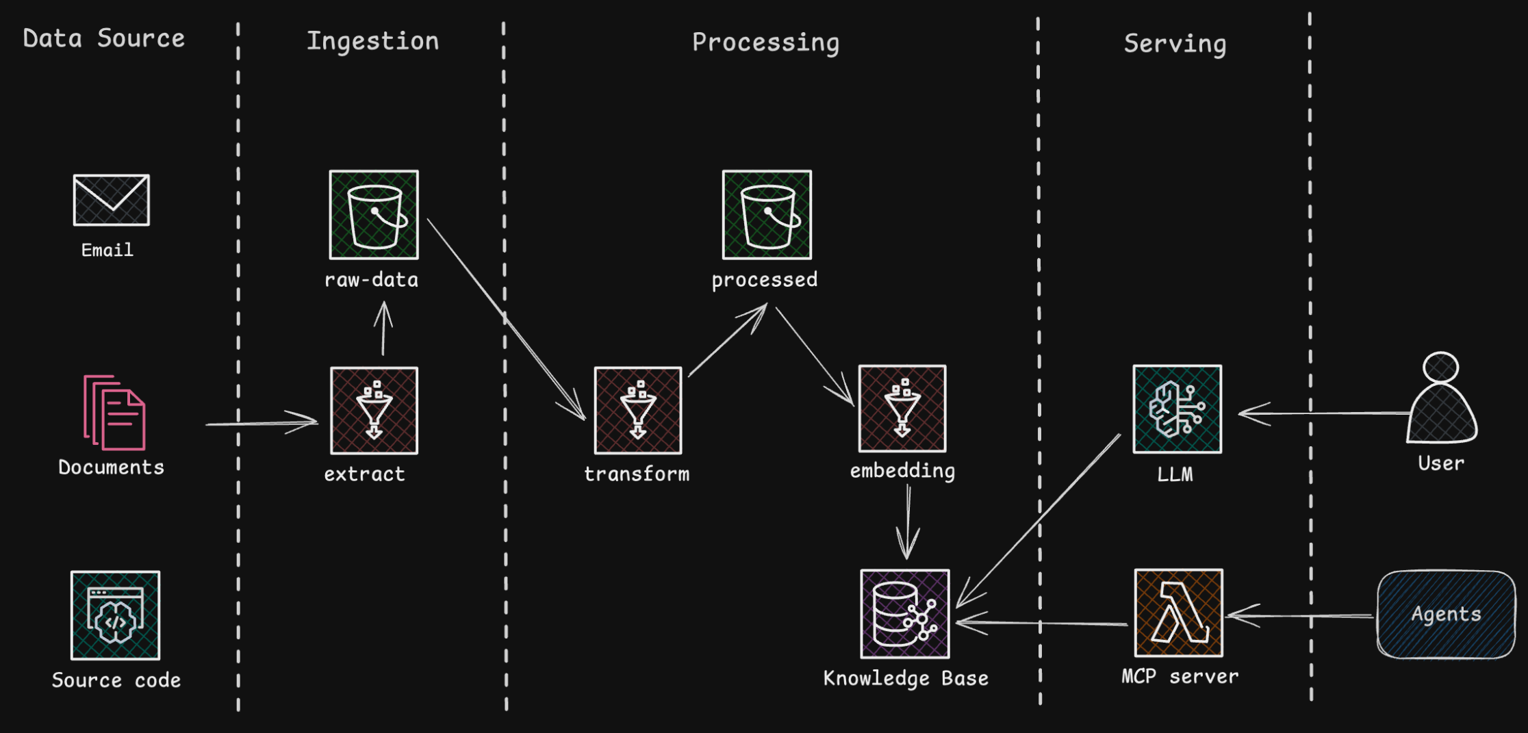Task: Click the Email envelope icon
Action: click(x=111, y=200)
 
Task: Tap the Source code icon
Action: click(x=115, y=615)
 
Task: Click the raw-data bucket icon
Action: click(x=374, y=215)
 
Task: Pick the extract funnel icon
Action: click(x=374, y=411)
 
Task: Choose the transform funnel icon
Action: click(x=637, y=411)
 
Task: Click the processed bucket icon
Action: click(x=767, y=215)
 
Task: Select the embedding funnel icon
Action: click(x=902, y=409)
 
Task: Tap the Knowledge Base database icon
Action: click(x=904, y=614)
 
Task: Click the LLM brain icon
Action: click(x=1177, y=409)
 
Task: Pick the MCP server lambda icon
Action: click(x=1178, y=613)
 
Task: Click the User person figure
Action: click(x=1441, y=400)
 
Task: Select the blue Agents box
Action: click(x=1446, y=614)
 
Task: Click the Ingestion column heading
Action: click(x=372, y=41)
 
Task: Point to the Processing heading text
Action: click(x=765, y=42)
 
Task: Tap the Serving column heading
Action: click(x=1175, y=44)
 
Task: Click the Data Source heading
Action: click(x=103, y=38)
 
